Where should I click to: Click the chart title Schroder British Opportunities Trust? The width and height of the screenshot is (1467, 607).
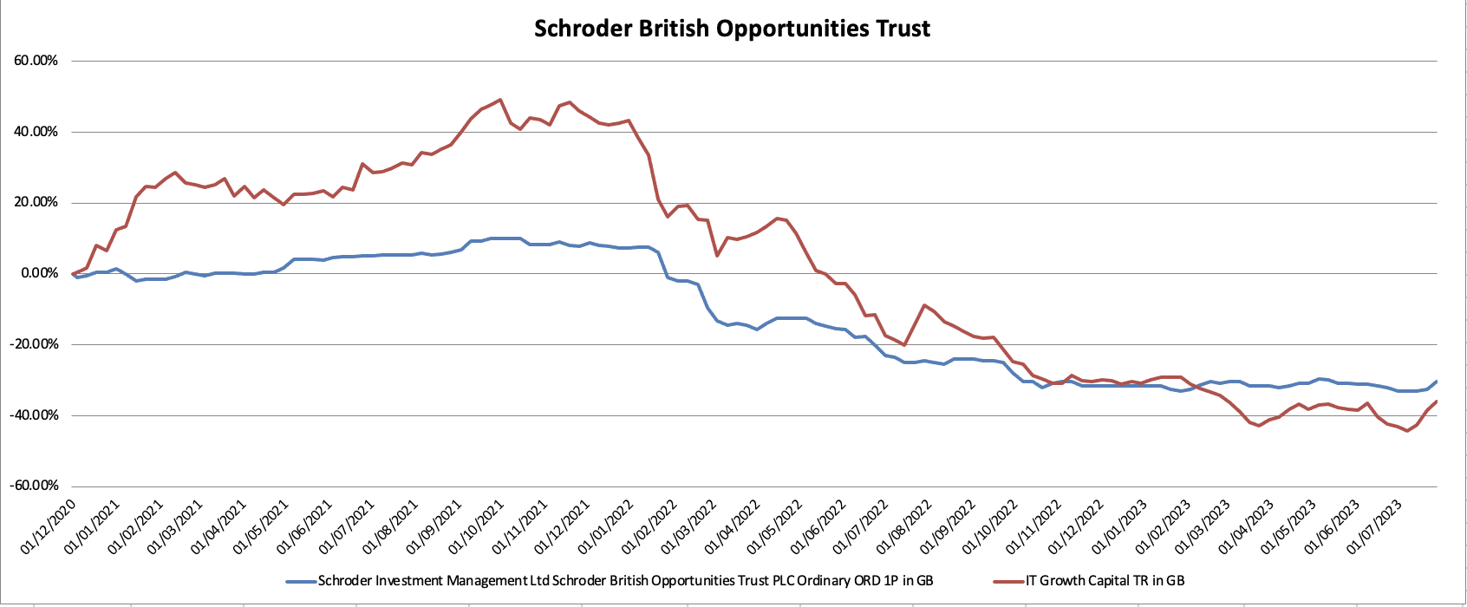732,29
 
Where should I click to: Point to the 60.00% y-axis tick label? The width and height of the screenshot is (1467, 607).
36,61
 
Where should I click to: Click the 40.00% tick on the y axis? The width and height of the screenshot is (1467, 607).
36,132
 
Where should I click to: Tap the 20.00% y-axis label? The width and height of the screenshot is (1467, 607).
36,203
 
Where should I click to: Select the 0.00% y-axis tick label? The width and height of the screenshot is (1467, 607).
39,274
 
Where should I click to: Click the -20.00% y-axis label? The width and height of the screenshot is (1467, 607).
34,344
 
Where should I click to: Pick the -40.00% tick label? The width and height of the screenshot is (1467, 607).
34,415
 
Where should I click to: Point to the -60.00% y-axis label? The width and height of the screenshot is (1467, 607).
34,486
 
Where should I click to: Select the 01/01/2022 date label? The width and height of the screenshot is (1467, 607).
605,525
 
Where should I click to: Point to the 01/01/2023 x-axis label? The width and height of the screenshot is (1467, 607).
1118,525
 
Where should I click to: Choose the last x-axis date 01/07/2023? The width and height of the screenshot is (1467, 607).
1375,525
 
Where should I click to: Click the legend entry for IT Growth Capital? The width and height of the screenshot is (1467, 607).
1105,581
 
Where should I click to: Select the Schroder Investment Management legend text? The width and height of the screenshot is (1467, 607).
625,581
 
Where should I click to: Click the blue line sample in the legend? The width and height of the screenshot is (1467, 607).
300,581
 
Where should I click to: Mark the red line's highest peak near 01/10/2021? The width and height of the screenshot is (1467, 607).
500,100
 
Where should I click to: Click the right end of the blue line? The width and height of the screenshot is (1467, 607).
1437,382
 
